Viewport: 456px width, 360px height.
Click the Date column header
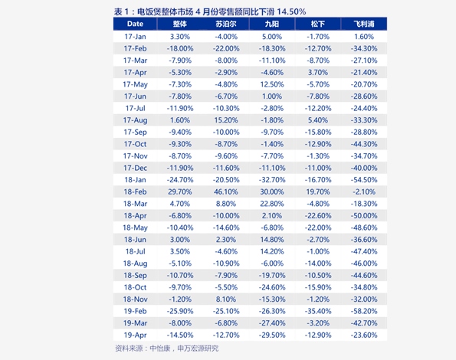click(x=135, y=24)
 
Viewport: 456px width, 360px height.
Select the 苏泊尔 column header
click(x=226, y=24)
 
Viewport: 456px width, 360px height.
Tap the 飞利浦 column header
click(x=364, y=24)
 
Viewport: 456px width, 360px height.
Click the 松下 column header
click(x=318, y=24)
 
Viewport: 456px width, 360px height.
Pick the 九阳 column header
click(x=272, y=24)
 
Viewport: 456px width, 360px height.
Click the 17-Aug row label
click(x=135, y=120)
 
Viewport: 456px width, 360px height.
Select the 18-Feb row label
click(x=135, y=191)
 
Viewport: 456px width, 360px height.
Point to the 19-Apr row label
click(x=135, y=335)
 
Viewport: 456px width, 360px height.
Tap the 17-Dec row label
click(x=135, y=168)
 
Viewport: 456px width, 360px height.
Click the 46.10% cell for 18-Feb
click(x=226, y=191)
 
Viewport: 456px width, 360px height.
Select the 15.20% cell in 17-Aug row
click(x=226, y=120)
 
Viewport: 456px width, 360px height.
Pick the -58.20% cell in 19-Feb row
click(x=364, y=311)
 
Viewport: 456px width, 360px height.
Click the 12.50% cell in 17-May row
click(x=272, y=84)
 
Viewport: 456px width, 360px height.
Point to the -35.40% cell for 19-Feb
click(x=318, y=311)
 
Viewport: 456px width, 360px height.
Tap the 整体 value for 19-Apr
click(x=180, y=335)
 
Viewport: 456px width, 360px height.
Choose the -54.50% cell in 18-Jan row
click(x=364, y=180)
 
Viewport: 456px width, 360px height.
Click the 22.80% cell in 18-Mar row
click(x=272, y=204)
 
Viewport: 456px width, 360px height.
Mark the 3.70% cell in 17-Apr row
click(x=318, y=73)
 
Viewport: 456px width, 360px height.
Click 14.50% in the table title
click(x=291, y=11)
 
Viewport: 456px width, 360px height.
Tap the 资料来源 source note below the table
click(x=166, y=348)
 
